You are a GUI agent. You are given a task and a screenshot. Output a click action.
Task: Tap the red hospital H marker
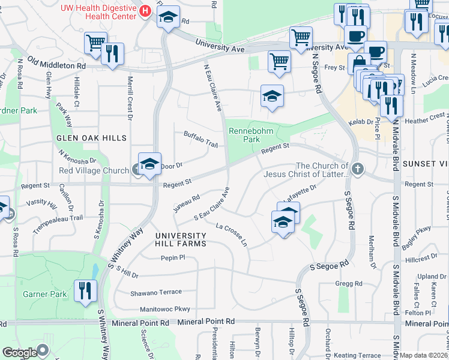[144, 11]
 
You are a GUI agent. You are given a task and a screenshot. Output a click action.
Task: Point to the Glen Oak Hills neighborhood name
[91, 138]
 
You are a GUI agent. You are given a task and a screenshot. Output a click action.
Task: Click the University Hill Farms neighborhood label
[180, 239]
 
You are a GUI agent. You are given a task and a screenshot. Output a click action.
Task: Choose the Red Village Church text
[94, 170]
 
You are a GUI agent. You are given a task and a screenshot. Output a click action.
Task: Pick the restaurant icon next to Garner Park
[85, 291]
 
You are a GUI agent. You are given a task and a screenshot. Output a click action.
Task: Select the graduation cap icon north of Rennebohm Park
[271, 96]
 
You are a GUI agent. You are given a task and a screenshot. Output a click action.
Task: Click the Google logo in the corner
[19, 353]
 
